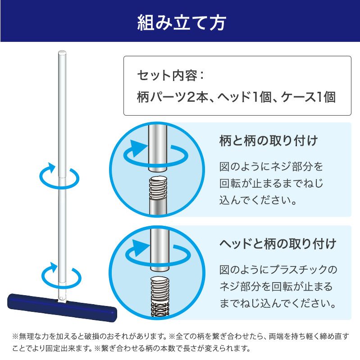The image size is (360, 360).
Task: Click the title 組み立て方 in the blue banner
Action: point(182,23)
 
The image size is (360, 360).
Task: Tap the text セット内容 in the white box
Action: point(167,76)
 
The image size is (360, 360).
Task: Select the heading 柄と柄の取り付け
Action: point(269,140)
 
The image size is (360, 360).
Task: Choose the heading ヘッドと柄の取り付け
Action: point(278,244)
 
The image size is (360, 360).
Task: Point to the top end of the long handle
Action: point(62,53)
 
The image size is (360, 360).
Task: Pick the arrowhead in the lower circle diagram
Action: point(141,248)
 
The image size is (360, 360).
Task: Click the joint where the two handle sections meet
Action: point(62,177)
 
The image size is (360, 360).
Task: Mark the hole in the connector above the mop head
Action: point(62,298)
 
